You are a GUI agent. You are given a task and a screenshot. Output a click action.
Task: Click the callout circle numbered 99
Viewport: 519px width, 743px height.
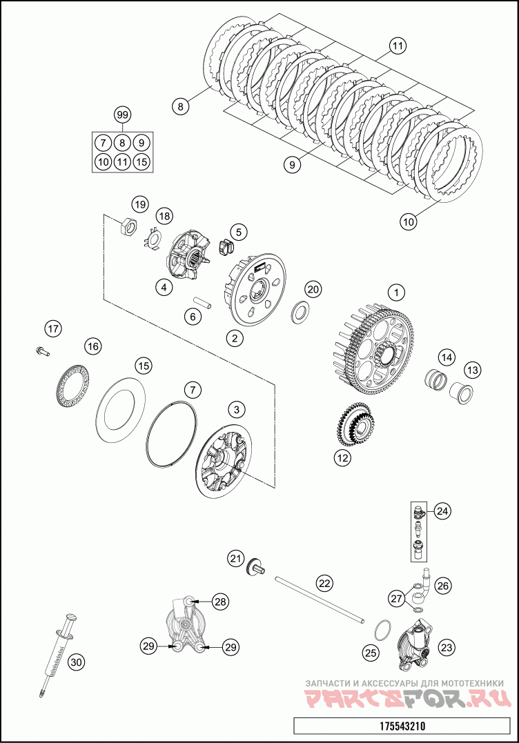click(122, 115)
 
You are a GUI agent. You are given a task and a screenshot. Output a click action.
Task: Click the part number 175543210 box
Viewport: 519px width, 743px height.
click(403, 726)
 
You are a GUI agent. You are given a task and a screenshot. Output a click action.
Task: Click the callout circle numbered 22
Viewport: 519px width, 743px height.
click(324, 582)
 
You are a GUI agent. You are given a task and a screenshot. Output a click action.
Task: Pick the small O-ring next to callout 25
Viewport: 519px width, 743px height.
click(381, 629)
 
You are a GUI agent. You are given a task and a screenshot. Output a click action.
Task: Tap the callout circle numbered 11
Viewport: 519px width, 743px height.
click(397, 47)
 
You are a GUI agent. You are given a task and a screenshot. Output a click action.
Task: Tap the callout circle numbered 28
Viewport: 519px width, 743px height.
click(219, 602)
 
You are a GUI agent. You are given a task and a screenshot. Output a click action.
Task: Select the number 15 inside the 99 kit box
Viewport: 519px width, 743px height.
click(141, 162)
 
